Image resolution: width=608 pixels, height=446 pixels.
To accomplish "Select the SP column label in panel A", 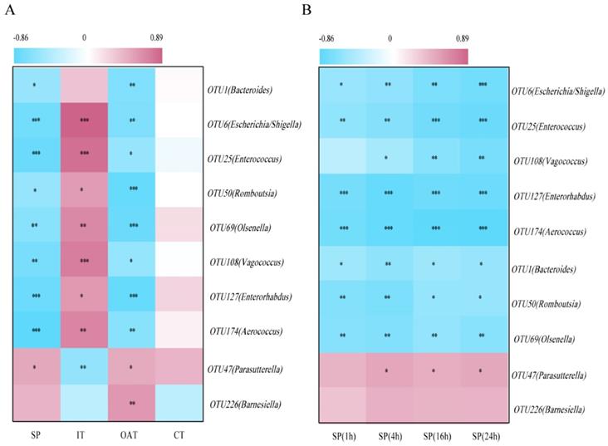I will [34, 434].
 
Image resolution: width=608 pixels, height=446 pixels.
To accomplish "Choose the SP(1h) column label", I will [342, 434].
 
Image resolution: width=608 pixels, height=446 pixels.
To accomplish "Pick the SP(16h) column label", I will [434, 434].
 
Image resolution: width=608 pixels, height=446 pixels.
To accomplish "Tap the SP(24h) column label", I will [483, 434].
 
